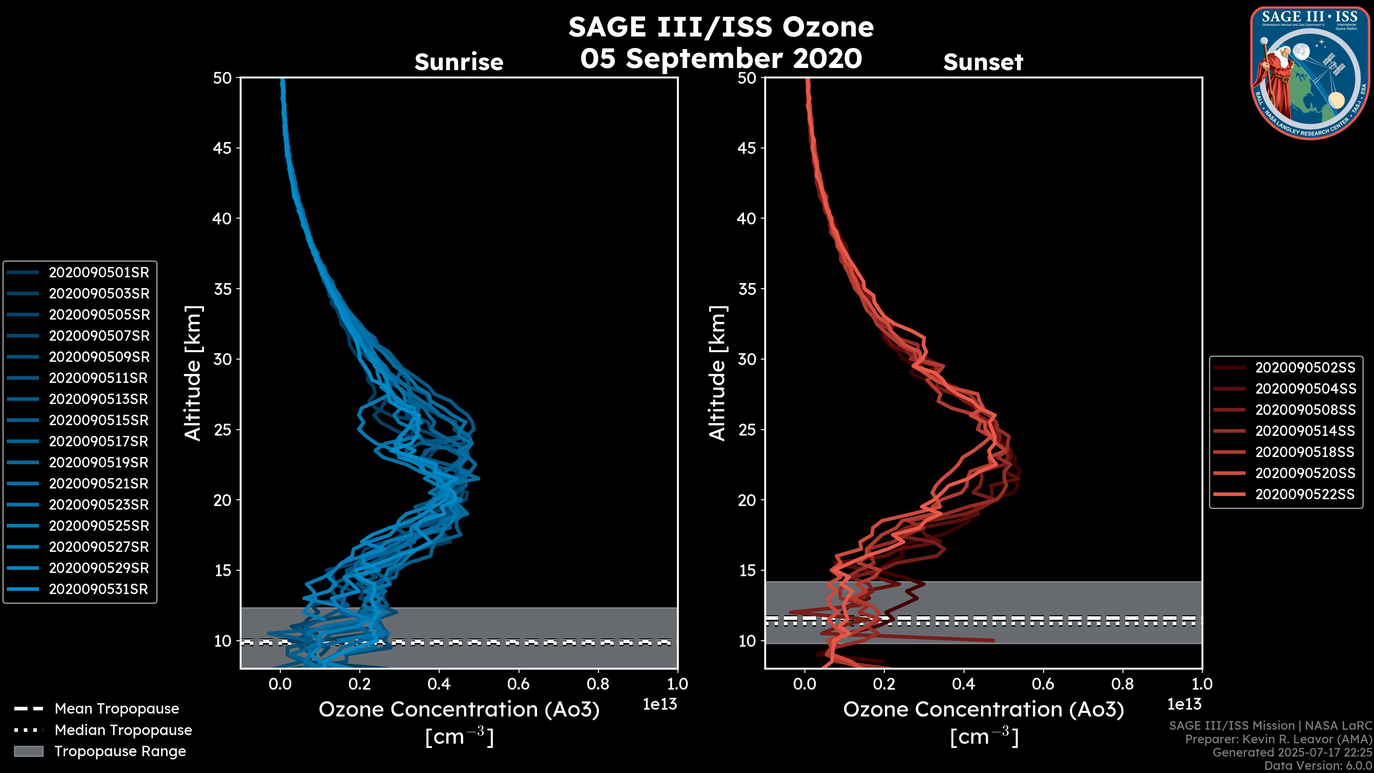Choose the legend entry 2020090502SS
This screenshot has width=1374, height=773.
(x=1305, y=368)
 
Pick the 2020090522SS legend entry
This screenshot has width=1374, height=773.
(x=1305, y=495)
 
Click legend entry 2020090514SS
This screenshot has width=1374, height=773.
(x=1305, y=431)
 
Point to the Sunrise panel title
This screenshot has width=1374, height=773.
(x=459, y=62)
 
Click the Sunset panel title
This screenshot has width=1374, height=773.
(x=983, y=62)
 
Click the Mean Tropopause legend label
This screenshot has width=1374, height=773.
(x=117, y=709)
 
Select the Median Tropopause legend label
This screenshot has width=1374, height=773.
(x=123, y=730)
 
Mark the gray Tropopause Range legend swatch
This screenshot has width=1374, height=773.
(x=28, y=752)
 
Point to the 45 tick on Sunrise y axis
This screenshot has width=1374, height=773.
(x=223, y=148)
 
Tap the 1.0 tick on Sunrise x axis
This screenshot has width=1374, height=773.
(x=677, y=684)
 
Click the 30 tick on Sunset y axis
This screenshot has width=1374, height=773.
(x=747, y=360)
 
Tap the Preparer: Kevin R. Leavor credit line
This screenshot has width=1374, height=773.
(x=1278, y=739)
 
